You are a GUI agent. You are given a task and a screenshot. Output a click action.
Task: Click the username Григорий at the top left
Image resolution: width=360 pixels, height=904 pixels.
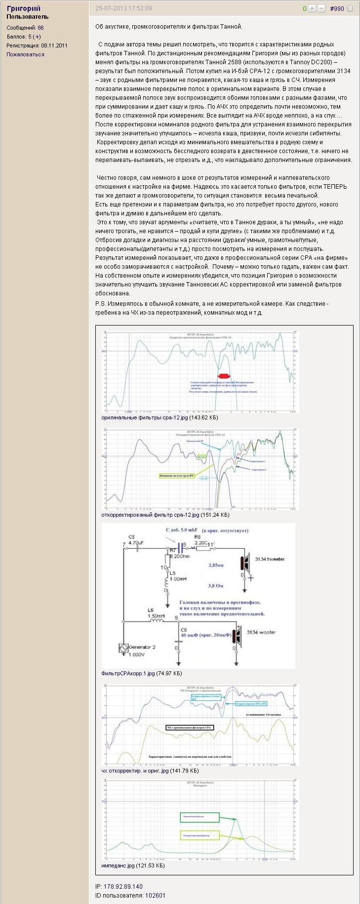(24, 8)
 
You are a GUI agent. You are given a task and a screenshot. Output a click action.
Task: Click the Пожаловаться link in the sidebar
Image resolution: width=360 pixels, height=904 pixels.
(25, 54)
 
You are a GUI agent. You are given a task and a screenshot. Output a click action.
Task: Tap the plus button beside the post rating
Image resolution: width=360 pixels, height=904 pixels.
(312, 9)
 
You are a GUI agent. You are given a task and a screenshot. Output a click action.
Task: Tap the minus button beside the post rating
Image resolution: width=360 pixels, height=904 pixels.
(321, 9)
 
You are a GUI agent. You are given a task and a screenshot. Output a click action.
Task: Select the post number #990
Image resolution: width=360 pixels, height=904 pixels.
(337, 9)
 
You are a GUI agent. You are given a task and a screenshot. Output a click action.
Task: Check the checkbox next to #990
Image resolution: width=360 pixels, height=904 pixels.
(350, 9)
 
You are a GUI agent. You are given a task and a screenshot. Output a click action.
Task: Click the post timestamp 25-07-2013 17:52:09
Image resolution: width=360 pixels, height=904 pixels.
(123, 8)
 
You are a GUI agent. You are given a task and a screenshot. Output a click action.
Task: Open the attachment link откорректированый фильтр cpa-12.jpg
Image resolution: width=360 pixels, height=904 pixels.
(150, 515)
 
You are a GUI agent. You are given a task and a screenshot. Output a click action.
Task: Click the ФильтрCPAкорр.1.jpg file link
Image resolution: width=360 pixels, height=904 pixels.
(128, 673)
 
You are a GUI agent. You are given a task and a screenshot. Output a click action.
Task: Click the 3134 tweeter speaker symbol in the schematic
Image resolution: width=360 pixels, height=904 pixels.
(244, 563)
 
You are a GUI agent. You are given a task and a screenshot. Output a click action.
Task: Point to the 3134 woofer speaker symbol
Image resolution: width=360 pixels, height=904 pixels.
(239, 636)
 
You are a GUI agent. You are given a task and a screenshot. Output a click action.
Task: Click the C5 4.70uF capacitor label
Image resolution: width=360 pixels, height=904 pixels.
(135, 539)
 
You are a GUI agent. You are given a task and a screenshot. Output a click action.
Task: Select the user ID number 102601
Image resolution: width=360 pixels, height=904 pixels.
(155, 895)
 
